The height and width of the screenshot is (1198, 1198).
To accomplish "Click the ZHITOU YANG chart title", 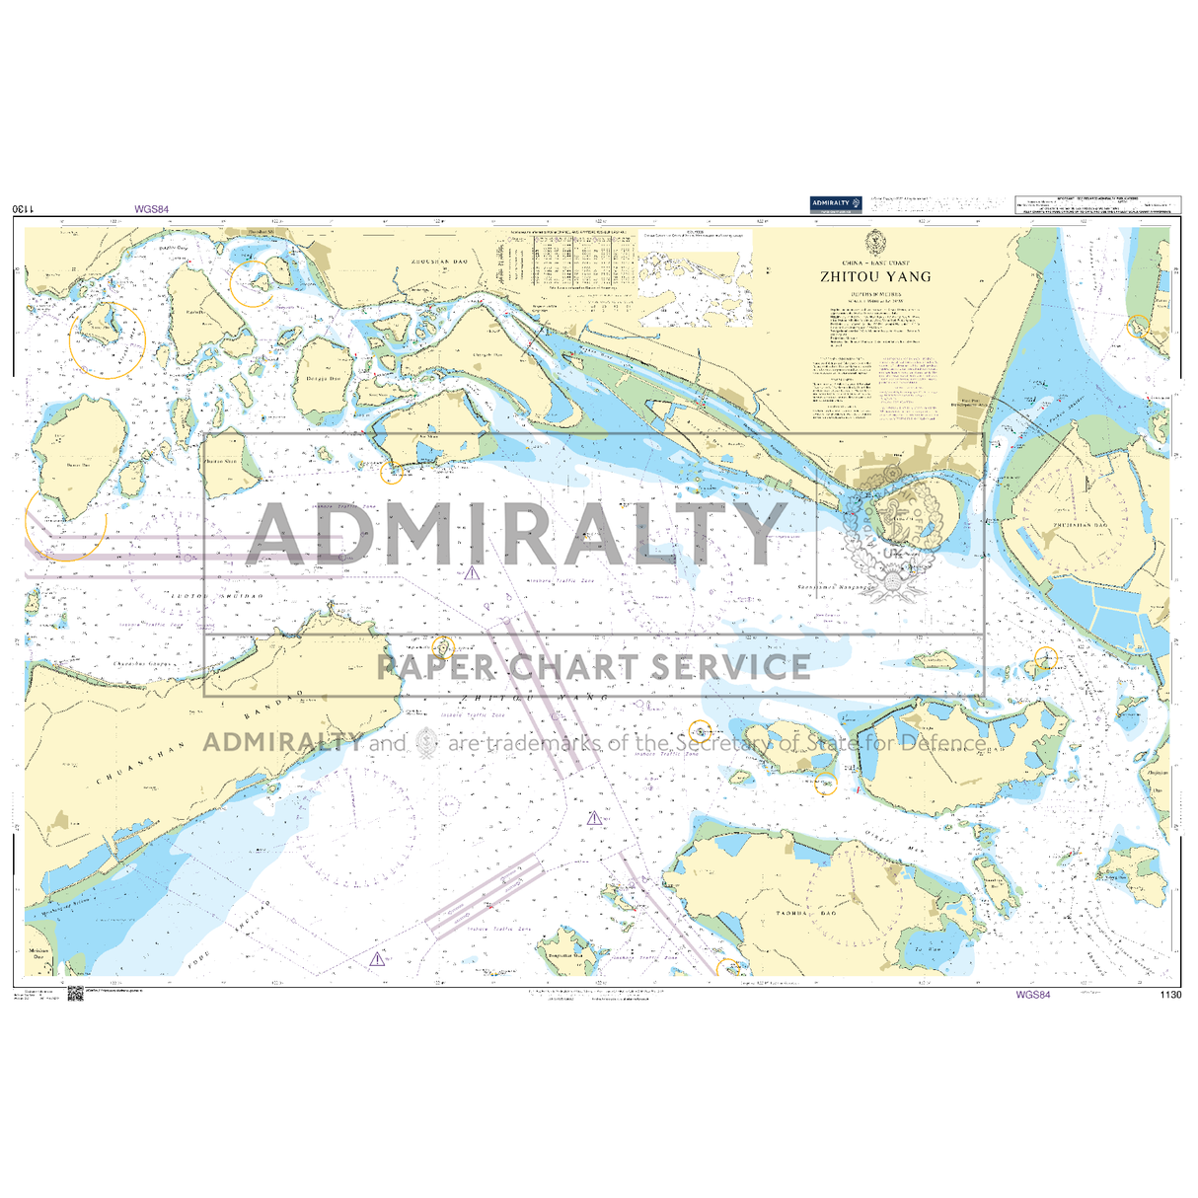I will tap(875, 277).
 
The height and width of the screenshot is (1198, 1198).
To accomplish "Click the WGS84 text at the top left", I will tap(152, 209).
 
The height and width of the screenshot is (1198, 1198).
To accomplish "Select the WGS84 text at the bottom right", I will tap(1032, 995).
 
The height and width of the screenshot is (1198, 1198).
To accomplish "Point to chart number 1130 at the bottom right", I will tap(1171, 995).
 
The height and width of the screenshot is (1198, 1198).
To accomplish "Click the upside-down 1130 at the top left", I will tap(24, 209).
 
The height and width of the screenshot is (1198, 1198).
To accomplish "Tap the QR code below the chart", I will tap(76, 993).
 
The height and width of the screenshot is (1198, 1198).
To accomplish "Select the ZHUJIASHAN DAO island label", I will tap(1080, 526).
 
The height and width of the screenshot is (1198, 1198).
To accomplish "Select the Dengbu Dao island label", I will tap(322, 378).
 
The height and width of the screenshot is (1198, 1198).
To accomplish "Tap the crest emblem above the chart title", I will tap(874, 242).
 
